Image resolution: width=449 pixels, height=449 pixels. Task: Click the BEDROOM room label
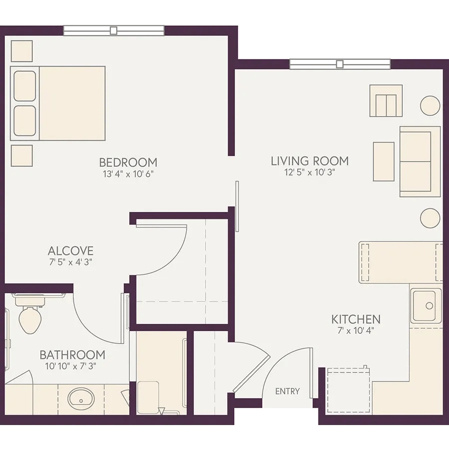pos(128,162)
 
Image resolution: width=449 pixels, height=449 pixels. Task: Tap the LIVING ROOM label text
pos(310,161)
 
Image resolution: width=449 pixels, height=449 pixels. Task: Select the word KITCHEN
pos(356,319)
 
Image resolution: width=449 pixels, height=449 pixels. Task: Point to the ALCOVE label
pos(70,251)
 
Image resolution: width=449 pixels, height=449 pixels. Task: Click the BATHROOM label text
pos(72,355)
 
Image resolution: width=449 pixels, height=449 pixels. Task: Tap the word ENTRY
pos(287,391)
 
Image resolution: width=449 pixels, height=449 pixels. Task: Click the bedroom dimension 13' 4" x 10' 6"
pos(128,174)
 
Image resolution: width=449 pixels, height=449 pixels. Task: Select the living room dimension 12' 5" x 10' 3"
pos(310,173)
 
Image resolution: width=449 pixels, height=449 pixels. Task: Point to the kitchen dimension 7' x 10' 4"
pos(356,331)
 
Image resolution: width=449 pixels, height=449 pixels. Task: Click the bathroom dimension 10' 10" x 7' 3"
pos(70,366)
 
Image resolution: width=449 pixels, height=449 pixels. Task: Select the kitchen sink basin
pos(423,305)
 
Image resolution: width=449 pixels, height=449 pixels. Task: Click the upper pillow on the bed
pos(25,86)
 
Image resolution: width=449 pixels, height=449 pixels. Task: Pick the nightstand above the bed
pos(22,51)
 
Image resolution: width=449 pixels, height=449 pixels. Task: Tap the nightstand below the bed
pos(22,156)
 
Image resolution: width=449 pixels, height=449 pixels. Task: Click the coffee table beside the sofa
pos(384,162)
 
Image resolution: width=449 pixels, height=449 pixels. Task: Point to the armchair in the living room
pos(386,101)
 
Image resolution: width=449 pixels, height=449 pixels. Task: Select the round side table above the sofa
pos(430,106)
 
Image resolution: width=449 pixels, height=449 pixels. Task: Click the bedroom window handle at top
pos(114,30)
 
